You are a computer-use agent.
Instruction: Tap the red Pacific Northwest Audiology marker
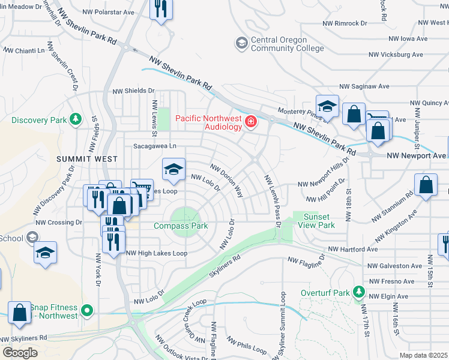(250, 122)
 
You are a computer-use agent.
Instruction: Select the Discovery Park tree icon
(76, 119)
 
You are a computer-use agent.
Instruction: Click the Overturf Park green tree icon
(359, 292)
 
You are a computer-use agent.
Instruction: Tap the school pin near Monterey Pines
(327, 107)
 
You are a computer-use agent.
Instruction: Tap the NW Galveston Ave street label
(395, 266)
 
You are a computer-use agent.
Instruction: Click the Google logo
(20, 353)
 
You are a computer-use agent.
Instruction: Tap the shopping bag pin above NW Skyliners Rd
(19, 313)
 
